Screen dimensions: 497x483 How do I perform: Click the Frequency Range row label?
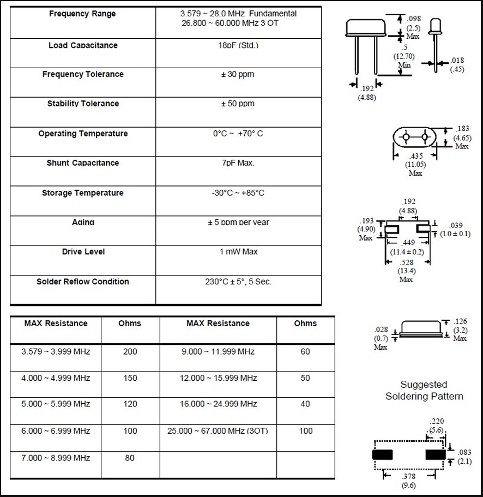(82, 14)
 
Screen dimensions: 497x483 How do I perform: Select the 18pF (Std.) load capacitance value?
(238, 45)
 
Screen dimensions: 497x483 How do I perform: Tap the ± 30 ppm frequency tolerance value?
(238, 74)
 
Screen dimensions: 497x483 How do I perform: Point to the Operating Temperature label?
(83, 134)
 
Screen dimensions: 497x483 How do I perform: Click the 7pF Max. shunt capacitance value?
(238, 163)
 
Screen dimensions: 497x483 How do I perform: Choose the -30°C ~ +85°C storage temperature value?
(238, 193)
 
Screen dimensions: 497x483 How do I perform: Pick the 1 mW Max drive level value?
(238, 252)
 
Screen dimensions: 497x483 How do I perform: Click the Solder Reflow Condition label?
(83, 282)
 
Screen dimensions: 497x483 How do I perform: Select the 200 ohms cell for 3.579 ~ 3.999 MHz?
(130, 352)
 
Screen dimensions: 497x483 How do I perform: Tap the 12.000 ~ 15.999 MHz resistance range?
(218, 378)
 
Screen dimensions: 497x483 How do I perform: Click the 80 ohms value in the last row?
(130, 458)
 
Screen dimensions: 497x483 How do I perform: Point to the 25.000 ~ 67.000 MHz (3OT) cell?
(218, 431)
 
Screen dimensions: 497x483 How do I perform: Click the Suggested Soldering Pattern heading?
(424, 391)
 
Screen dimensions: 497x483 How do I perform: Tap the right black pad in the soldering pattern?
(436, 454)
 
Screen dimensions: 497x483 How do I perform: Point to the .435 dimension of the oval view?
(415, 156)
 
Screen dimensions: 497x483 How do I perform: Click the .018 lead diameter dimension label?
(457, 61)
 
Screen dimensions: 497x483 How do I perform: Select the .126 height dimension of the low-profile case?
(460, 321)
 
